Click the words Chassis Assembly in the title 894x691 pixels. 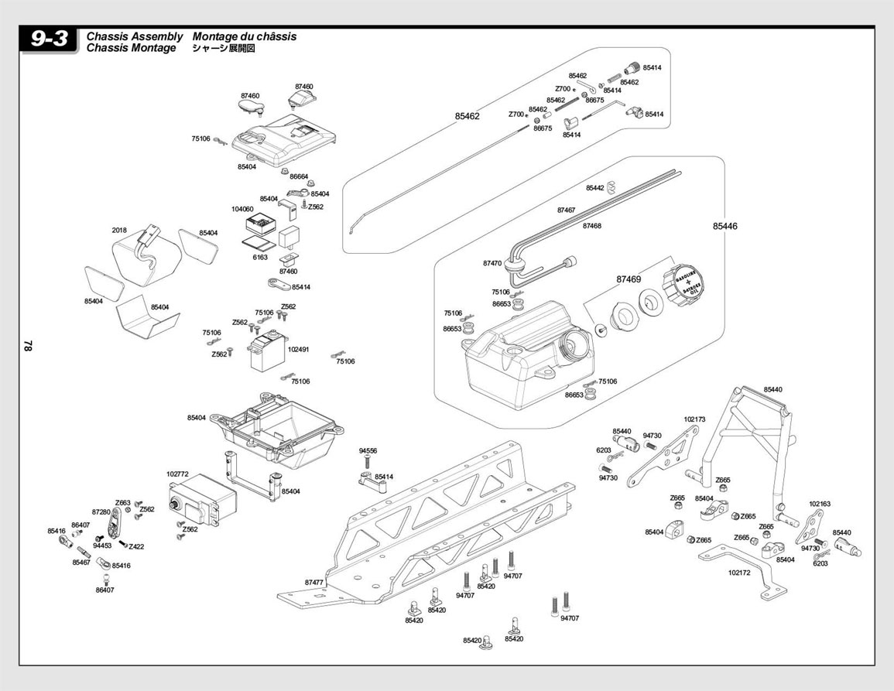[x=135, y=36]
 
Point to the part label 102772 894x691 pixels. [x=177, y=474]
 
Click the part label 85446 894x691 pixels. [x=725, y=227]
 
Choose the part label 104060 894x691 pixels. [x=242, y=209]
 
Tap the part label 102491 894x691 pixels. [x=298, y=349]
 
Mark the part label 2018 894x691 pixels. [x=119, y=230]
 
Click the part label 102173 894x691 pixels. [x=694, y=419]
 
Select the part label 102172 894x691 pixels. [x=740, y=573]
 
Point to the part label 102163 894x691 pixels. [x=820, y=504]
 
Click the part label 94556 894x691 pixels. [x=368, y=450]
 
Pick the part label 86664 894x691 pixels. [x=299, y=176]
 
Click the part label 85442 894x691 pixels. [x=595, y=188]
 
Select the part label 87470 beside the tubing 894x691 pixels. [x=492, y=263]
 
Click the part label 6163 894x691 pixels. [x=260, y=257]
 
